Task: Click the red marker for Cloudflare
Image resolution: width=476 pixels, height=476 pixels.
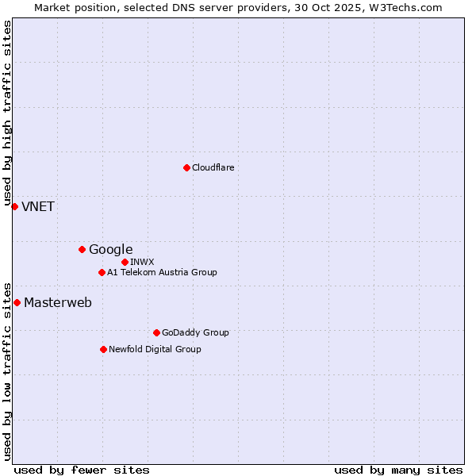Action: [186, 167]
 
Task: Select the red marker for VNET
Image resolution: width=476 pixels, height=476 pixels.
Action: [14, 206]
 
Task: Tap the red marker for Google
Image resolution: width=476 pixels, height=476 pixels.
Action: [82, 249]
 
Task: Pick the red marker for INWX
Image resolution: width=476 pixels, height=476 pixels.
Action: [125, 262]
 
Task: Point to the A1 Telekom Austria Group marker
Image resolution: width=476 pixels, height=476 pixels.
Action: [102, 272]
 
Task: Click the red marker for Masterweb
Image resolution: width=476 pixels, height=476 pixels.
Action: [17, 302]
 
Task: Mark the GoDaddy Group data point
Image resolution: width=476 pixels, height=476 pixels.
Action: [156, 332]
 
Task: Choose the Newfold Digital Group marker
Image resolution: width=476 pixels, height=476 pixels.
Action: [103, 349]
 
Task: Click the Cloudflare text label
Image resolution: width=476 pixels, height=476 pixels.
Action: [213, 167]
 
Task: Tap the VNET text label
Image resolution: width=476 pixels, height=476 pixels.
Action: [38, 206]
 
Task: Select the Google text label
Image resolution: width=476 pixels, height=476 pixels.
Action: [110, 249]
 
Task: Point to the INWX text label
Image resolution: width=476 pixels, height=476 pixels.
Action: [142, 262]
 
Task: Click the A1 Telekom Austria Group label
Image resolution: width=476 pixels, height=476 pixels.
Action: [162, 272]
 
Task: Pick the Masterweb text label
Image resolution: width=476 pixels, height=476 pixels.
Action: [58, 302]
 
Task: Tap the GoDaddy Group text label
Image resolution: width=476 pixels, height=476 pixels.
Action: [195, 332]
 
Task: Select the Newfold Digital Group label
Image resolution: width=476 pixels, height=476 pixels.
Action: [155, 349]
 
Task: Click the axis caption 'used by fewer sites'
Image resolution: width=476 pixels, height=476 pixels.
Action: [82, 470]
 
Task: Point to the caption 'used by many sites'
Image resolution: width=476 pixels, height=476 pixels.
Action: [398, 470]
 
